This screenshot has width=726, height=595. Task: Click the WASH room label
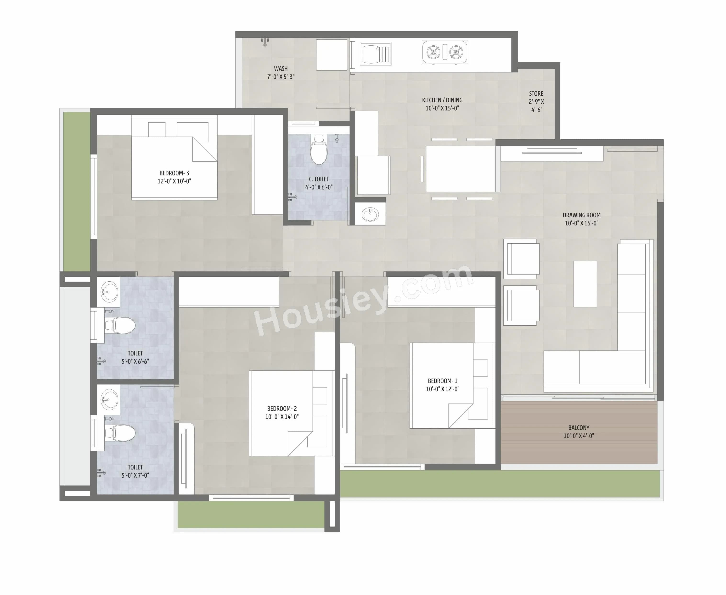[281, 69]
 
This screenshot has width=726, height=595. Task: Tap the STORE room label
[536, 93]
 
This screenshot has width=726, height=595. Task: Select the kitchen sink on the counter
[375, 54]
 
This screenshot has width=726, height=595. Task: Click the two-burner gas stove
[445, 52]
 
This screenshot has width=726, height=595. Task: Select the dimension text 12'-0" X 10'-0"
[174, 181]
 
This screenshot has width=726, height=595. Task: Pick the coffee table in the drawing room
[585, 284]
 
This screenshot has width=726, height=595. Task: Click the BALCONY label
[579, 428]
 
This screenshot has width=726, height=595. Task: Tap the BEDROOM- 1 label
[442, 381]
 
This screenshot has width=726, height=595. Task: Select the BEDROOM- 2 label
[282, 409]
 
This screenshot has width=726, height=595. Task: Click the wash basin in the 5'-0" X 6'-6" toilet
[109, 292]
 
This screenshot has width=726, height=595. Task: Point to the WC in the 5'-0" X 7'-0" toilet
[120, 433]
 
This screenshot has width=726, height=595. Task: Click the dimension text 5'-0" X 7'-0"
[135, 475]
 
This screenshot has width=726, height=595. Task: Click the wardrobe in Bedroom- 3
[268, 164]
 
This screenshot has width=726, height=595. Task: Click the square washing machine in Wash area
[332, 55]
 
